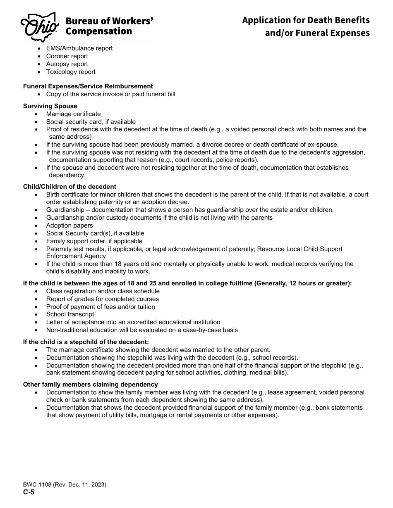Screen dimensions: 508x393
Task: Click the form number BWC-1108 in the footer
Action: pos(65,485)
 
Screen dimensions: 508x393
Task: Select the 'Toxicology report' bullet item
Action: pos(71,72)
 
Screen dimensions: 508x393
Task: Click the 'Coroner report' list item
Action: pos(67,56)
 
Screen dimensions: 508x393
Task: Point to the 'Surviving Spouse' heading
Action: pos(50,106)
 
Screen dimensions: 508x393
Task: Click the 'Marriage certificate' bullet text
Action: pos(73,114)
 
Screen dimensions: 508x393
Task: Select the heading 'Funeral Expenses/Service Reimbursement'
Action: pos(88,86)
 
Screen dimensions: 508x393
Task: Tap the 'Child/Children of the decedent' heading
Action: pos(69,187)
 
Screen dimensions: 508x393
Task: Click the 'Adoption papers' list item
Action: pos(69,226)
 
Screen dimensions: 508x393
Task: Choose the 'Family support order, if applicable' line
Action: pos(94,241)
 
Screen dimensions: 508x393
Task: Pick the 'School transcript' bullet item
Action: pos(70,314)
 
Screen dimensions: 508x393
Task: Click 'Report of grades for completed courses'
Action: pos(102,299)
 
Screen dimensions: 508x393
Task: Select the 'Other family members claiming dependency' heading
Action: pos(90,385)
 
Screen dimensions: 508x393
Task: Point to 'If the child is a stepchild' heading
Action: pos(86,342)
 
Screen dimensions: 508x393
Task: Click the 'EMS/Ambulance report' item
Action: pos(79,48)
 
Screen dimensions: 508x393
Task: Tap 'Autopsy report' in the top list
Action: pos(67,64)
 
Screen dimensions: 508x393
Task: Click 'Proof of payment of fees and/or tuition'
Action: pos(101,307)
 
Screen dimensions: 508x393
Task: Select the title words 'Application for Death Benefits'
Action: pos(306,20)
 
